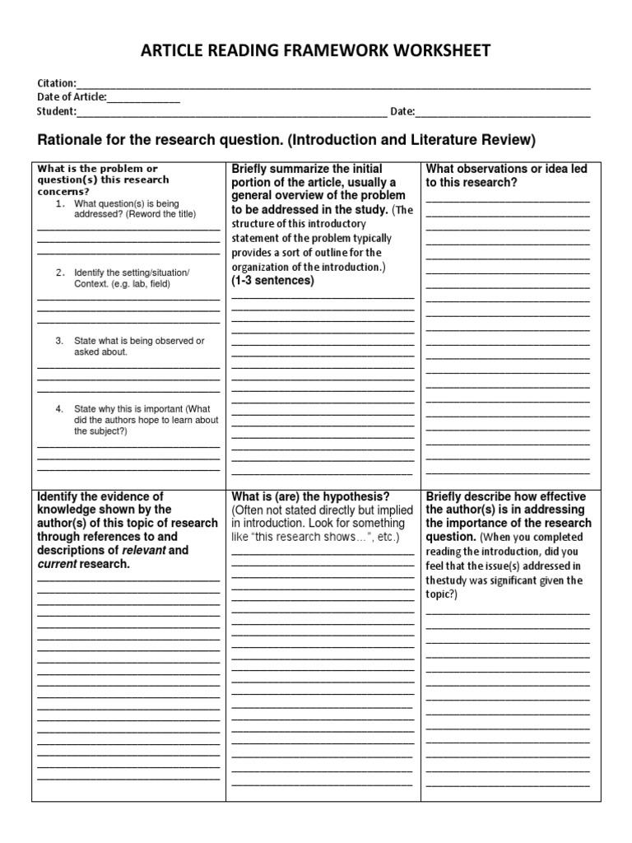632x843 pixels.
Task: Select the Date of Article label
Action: pyautogui.click(x=72, y=97)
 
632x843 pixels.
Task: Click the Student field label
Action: pyautogui.click(x=57, y=112)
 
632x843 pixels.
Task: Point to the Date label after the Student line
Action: pyautogui.click(x=402, y=112)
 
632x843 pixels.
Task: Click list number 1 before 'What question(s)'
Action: pyautogui.click(x=60, y=203)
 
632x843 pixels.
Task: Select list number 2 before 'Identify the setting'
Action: pyautogui.click(x=60, y=272)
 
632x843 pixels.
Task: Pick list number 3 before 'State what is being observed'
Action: pyautogui.click(x=60, y=341)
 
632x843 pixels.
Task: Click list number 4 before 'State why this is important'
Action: pyautogui.click(x=60, y=408)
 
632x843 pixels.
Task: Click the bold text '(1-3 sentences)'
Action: pyautogui.click(x=273, y=280)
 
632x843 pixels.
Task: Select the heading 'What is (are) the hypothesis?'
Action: pyautogui.click(x=311, y=496)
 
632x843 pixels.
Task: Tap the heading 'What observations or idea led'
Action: pyautogui.click(x=506, y=169)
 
